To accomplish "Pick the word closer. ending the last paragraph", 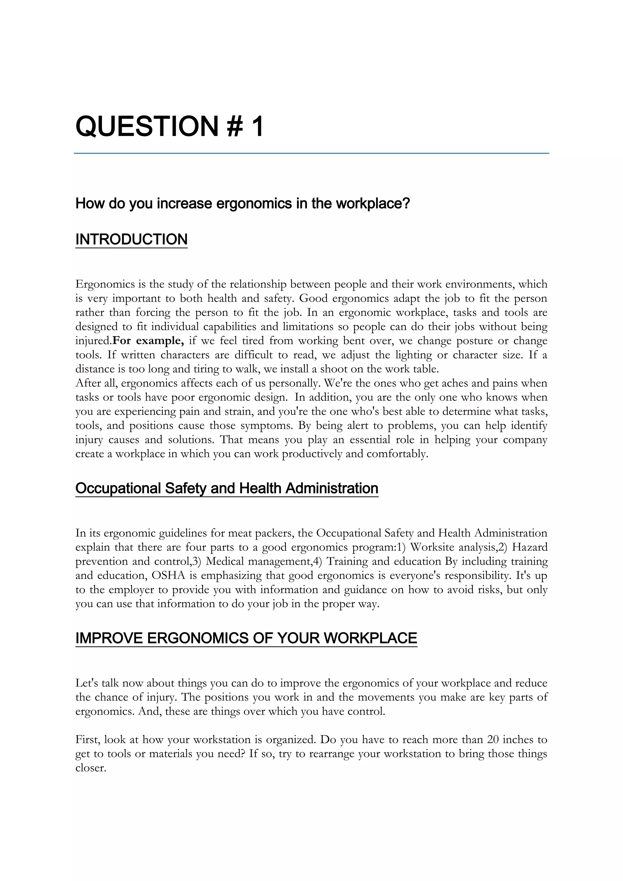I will [91, 768].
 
